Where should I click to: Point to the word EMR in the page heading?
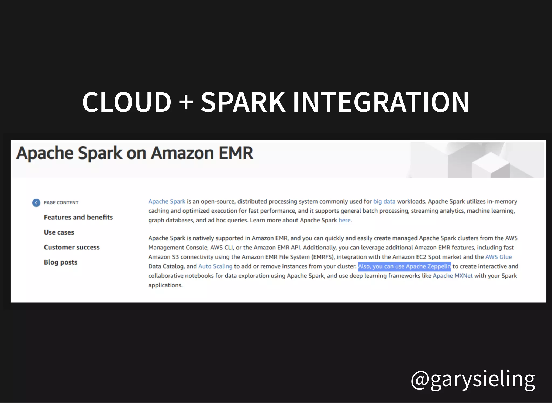click(x=236, y=153)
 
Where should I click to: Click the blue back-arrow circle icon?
click(x=36, y=203)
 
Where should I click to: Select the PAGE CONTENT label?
click(x=61, y=203)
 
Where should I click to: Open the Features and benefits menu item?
click(x=78, y=217)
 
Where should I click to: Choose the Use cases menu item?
click(x=59, y=232)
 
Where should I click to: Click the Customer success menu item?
click(x=72, y=247)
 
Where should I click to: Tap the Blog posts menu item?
click(x=60, y=262)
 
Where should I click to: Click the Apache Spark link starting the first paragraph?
click(x=167, y=201)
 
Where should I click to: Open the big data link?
click(x=384, y=201)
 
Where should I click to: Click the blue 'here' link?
click(x=344, y=220)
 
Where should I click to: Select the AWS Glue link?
click(x=498, y=257)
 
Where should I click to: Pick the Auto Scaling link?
click(x=215, y=266)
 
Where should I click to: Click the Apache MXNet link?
click(x=453, y=276)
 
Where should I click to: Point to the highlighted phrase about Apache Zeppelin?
click(x=404, y=266)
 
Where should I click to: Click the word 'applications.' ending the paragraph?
click(x=165, y=285)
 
